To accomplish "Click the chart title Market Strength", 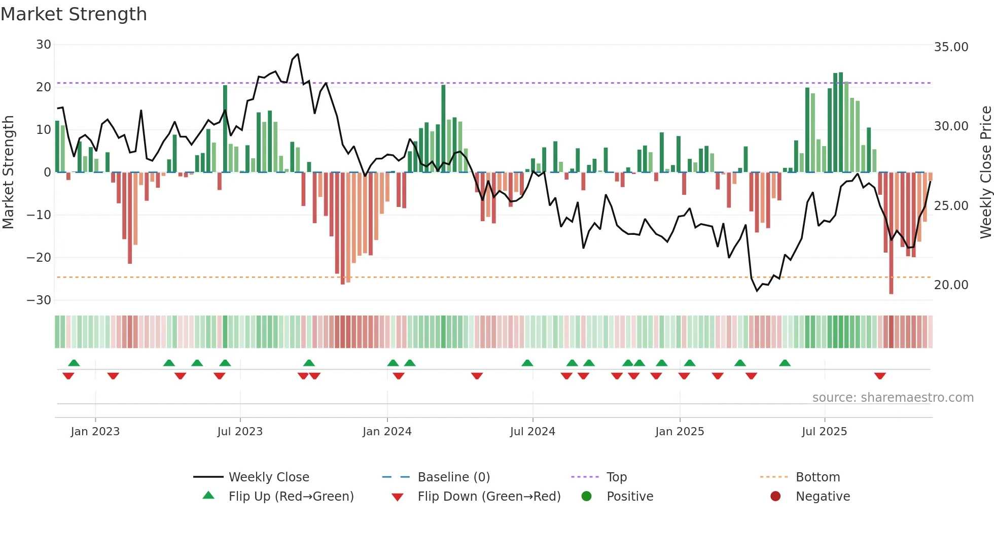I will click(x=74, y=14).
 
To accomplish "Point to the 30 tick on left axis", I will click(x=44, y=45).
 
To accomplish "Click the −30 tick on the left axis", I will click(x=40, y=300).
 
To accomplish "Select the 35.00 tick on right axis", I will click(x=951, y=47).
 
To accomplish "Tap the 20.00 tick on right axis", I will click(x=951, y=285).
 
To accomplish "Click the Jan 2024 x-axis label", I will click(x=387, y=432).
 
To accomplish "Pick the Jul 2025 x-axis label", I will click(x=824, y=432).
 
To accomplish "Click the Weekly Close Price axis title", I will click(x=985, y=172).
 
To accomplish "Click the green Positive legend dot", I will click(x=587, y=497).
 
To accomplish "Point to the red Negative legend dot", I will click(x=775, y=497).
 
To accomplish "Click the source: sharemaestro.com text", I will click(x=893, y=398).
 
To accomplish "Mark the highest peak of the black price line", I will click(x=298, y=54).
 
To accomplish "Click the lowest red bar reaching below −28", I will click(x=891, y=291).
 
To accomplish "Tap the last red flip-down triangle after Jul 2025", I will click(x=880, y=376).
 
